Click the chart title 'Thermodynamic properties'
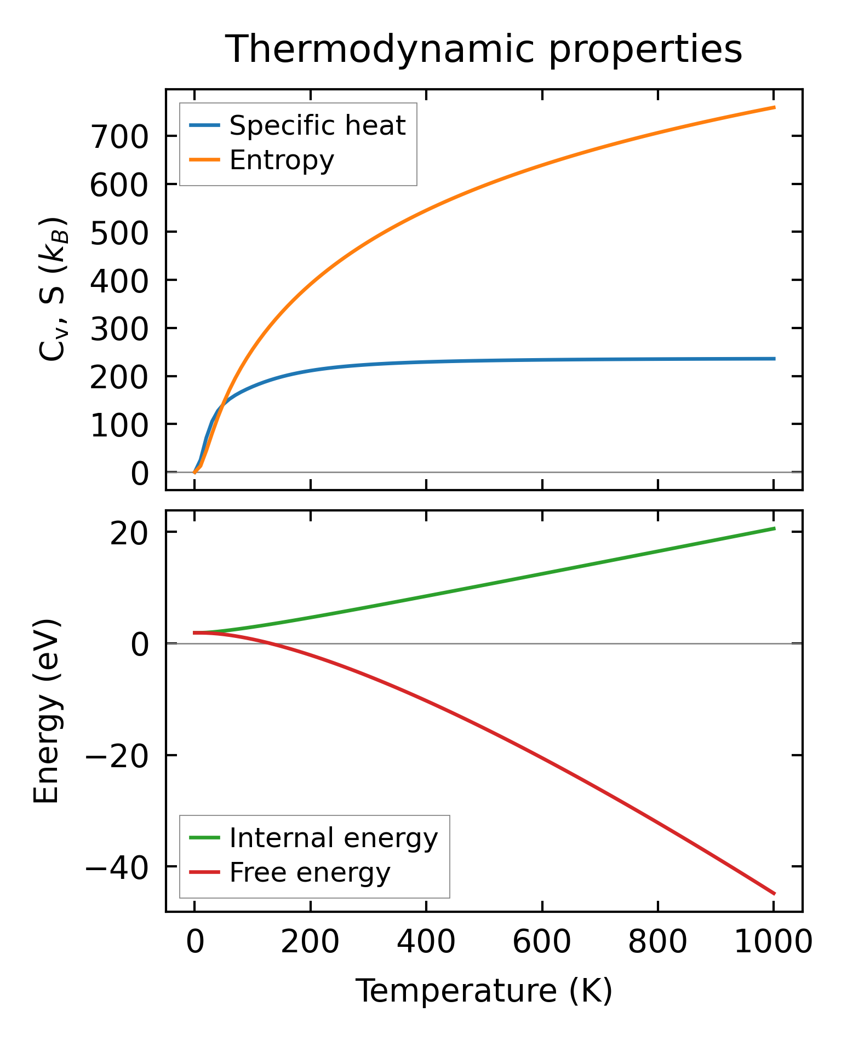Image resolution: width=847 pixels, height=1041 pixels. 484,49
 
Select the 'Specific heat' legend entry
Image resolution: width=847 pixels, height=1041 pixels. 317,125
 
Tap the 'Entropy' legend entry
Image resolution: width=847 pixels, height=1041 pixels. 282,160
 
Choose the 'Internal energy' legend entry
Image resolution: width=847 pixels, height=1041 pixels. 333,837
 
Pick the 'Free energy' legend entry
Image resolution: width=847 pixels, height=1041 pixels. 310,872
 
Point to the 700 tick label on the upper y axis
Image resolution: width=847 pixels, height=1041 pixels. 119,136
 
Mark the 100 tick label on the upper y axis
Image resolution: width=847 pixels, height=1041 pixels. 119,425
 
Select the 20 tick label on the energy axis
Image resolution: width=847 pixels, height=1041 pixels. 129,533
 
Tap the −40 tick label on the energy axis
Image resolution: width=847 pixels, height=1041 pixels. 117,867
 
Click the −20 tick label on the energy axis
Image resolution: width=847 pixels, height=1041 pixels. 117,756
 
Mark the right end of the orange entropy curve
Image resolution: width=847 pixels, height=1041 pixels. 774,107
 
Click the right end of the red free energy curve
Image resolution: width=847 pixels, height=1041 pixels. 774,894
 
